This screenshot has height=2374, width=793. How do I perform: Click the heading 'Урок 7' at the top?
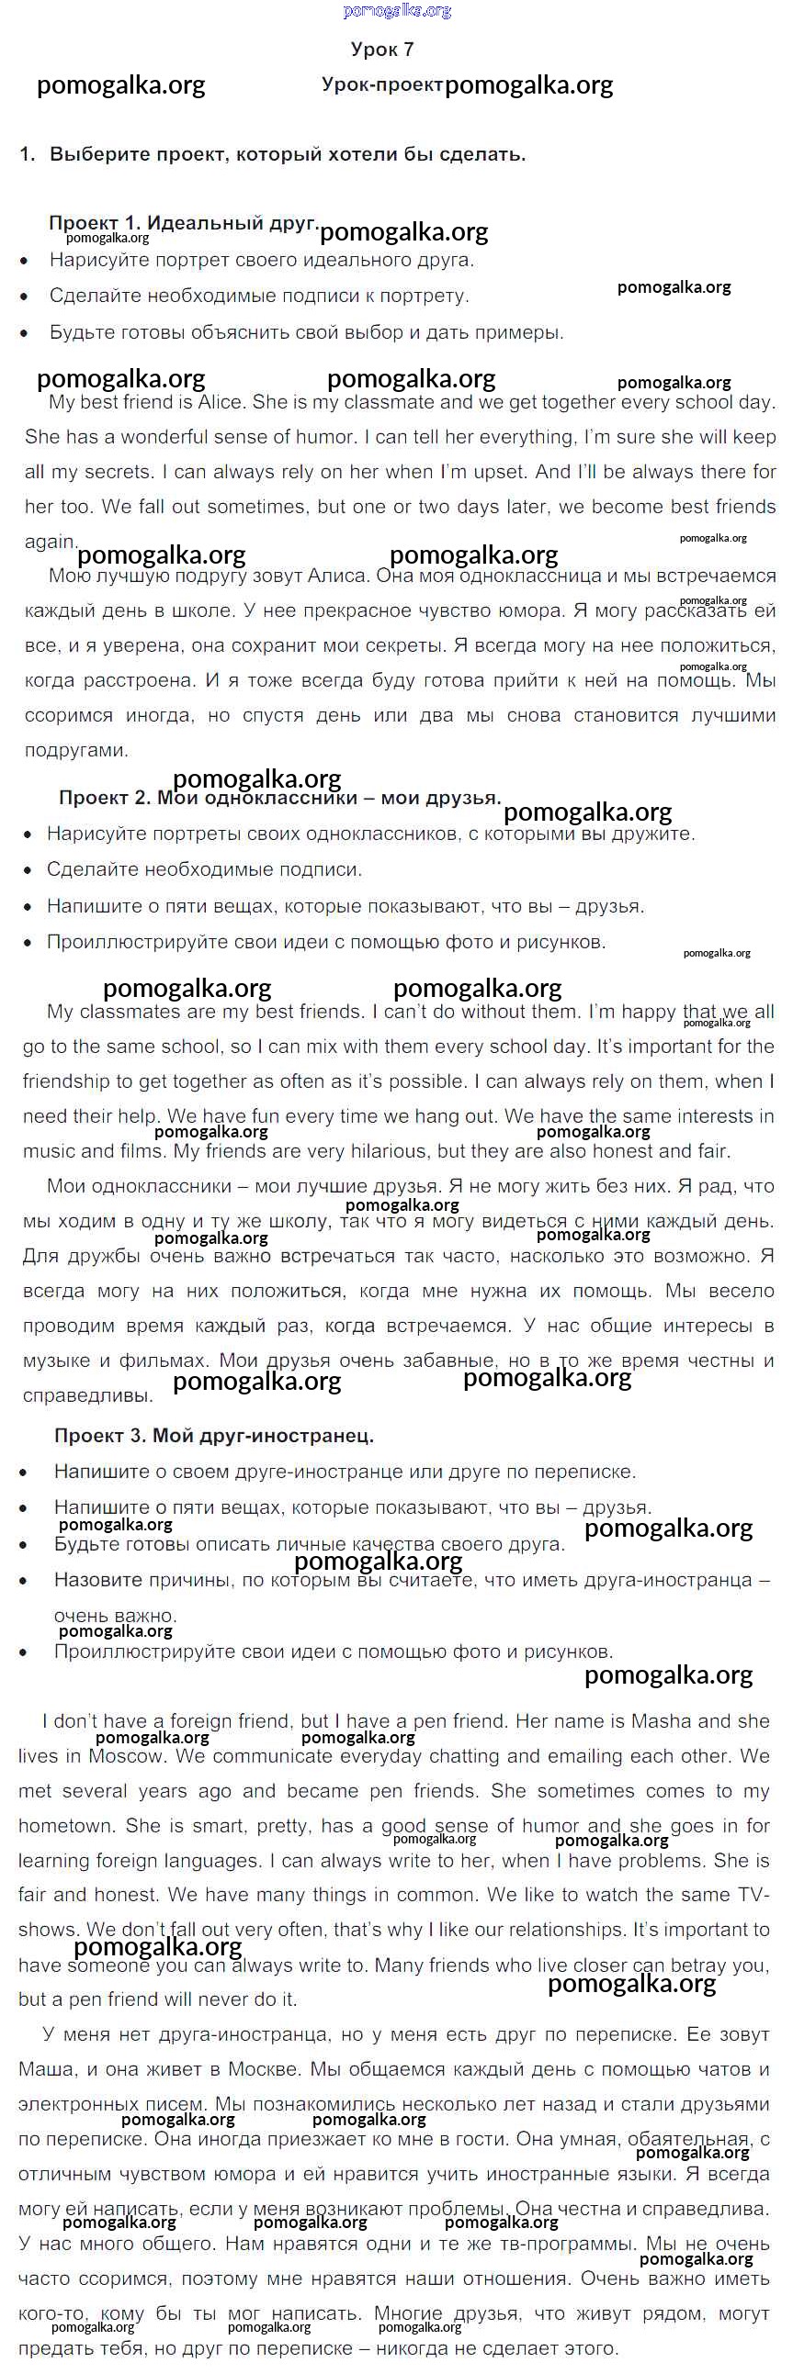(381, 50)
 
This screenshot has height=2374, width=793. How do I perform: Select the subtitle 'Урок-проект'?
(381, 84)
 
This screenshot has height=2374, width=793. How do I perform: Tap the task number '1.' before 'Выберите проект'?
(27, 155)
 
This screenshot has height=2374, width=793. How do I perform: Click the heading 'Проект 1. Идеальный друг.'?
(184, 223)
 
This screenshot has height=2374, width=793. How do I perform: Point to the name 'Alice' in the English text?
(219, 402)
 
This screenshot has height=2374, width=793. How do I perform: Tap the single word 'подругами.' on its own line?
(76, 750)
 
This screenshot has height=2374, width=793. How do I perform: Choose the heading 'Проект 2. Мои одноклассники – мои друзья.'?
(279, 798)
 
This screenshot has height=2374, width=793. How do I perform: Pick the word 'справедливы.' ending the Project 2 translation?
(87, 1395)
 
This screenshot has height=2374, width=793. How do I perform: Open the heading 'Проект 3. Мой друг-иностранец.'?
(214, 1435)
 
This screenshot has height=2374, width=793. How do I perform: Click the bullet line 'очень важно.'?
(115, 1616)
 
